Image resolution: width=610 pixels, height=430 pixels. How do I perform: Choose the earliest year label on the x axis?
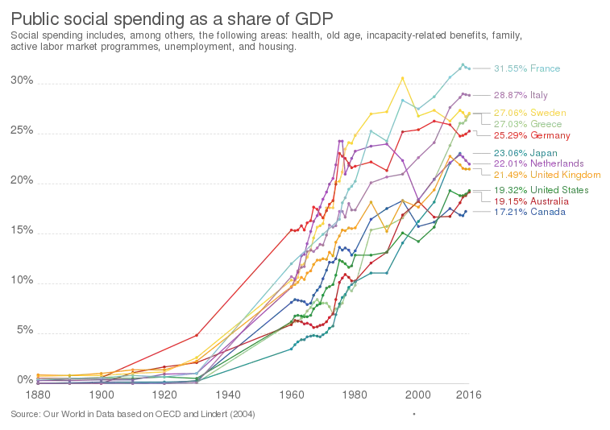click(39, 395)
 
